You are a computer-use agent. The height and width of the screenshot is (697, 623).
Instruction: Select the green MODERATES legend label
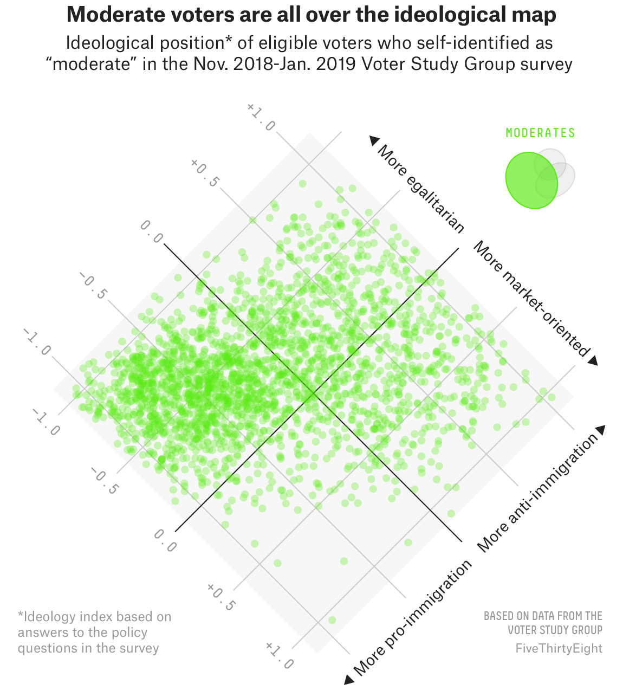540,133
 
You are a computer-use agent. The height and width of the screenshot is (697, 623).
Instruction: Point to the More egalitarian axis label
421,189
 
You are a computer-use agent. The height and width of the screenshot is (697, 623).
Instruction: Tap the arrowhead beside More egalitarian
374,140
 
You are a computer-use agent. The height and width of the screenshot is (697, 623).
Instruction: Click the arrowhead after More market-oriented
593,360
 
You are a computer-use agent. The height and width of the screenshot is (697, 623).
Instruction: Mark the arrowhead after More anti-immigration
600,430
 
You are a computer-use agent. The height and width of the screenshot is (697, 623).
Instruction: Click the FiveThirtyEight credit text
559,648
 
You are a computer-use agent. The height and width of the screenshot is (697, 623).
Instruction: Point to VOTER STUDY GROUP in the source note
555,630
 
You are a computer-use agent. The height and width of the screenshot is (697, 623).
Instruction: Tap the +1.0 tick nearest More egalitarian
261,117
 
